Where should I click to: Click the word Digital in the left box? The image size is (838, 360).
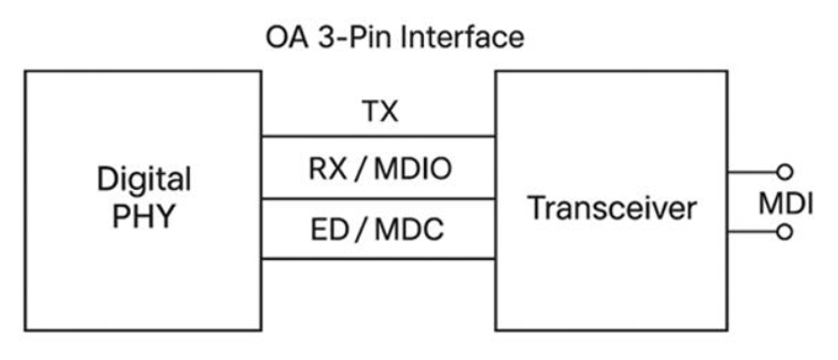tap(144, 179)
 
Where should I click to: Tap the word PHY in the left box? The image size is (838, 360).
tap(144, 215)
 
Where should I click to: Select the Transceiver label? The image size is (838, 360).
tap(613, 208)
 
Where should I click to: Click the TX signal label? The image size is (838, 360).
tap(380, 111)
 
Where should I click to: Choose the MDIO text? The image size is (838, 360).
tap(413, 169)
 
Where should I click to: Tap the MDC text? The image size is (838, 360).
tap(409, 230)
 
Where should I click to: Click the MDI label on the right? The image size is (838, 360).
tap(786, 204)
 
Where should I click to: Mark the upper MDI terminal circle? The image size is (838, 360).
tap(785, 172)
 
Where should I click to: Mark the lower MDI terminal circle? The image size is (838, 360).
tap(785, 232)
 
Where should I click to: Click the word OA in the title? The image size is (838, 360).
tap(287, 38)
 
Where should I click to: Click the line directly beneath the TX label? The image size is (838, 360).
tap(379, 137)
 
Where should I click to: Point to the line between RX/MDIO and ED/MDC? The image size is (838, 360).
tap(379, 199)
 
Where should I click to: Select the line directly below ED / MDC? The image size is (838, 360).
tap(379, 259)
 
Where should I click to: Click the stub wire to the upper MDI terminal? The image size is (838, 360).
tap(752, 172)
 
